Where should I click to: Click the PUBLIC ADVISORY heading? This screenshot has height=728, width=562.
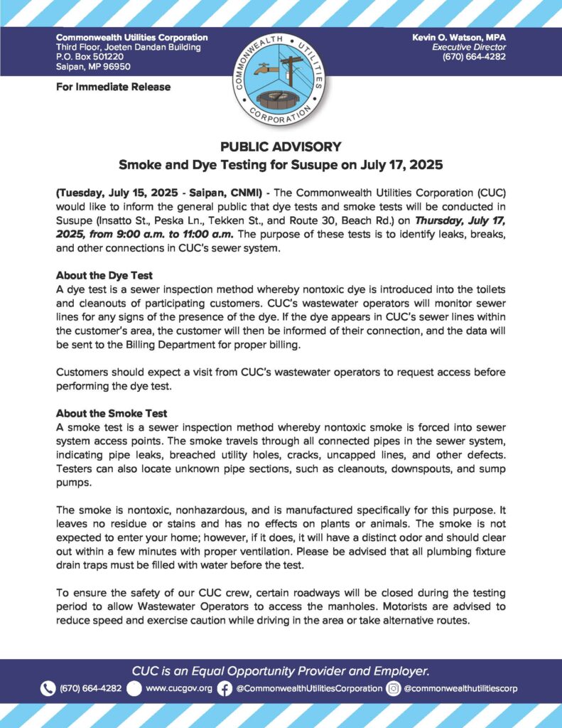coord(281,146)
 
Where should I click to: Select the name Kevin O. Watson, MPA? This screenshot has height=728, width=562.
coord(459,37)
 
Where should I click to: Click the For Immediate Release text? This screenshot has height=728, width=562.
coord(113,87)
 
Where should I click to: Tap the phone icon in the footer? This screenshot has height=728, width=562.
coord(48,688)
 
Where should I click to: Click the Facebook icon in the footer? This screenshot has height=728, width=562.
coord(225,688)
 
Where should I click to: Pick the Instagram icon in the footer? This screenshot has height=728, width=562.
coord(394,688)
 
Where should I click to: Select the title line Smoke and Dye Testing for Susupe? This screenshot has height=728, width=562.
coord(281,166)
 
